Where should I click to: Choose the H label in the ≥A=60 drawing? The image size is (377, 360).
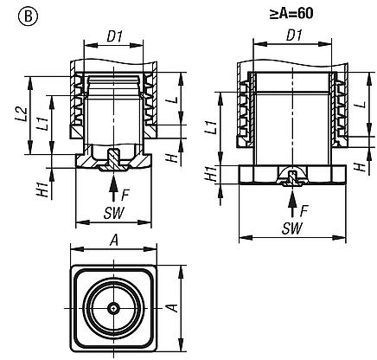359,166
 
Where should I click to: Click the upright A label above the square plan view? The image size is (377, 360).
113,243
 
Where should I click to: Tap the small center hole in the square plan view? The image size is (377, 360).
113,307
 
